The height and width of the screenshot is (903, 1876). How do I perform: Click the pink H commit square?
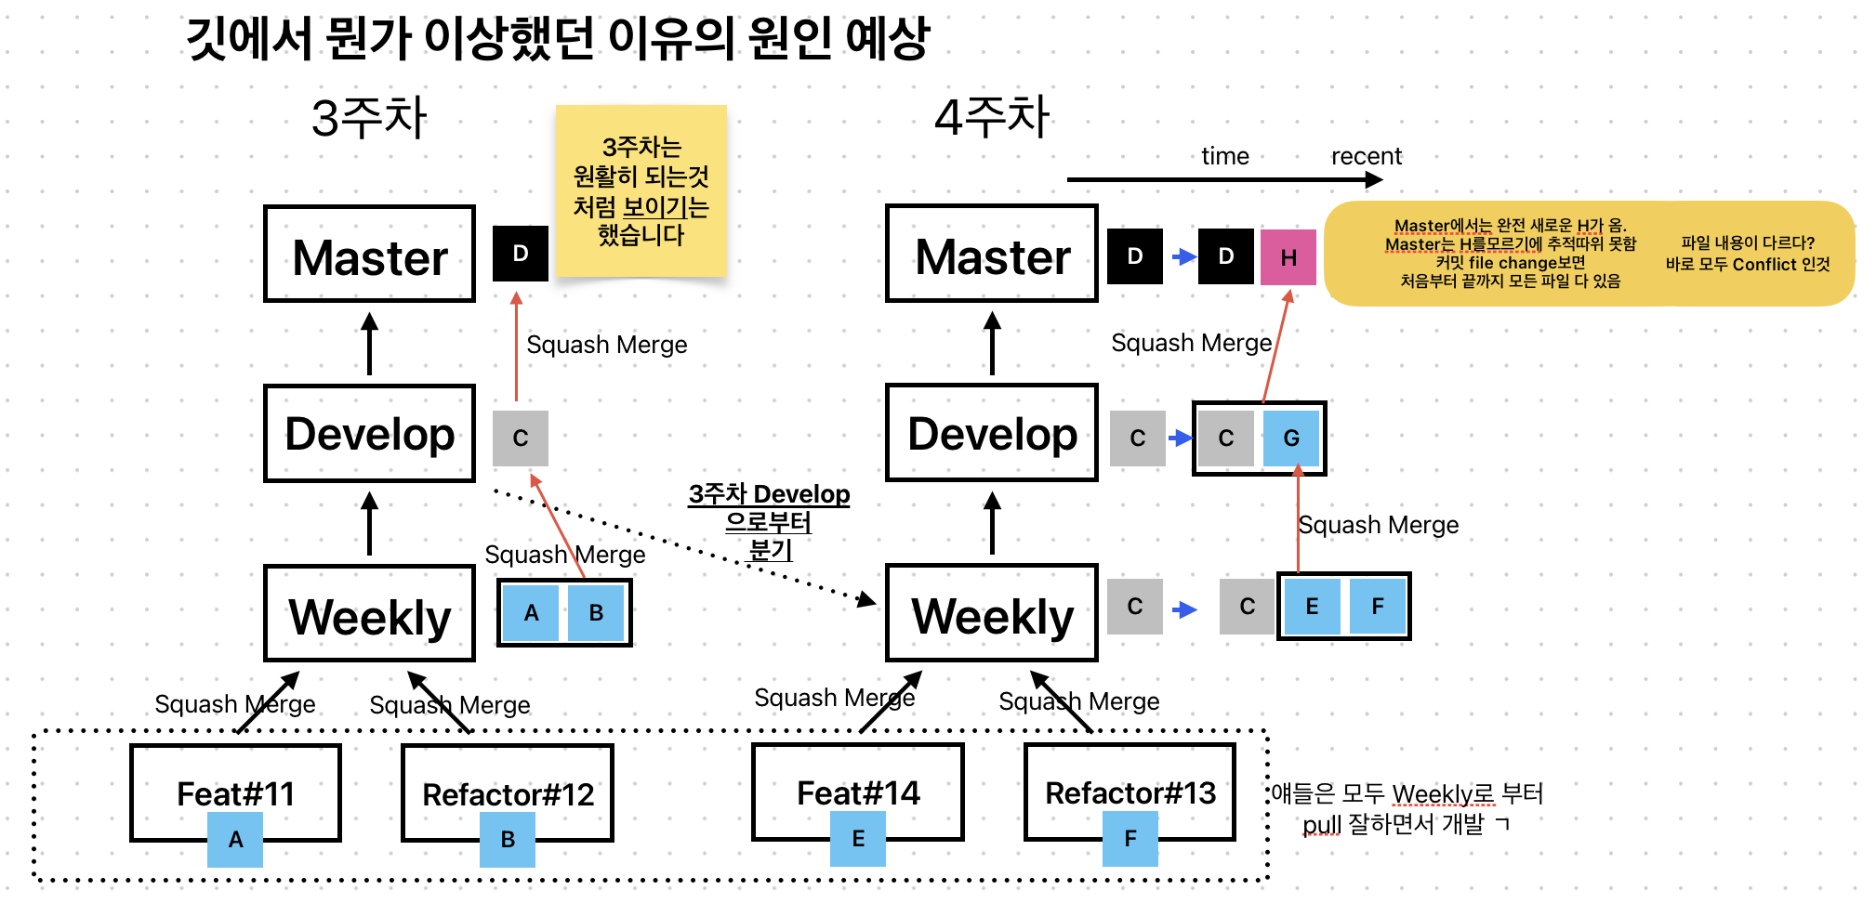(1288, 257)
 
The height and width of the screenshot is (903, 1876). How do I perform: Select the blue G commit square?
(1291, 438)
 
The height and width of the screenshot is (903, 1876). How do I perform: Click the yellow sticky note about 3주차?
(641, 190)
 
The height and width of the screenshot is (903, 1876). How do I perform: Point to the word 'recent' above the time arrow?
(1366, 156)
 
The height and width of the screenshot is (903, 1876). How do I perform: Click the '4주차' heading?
(992, 118)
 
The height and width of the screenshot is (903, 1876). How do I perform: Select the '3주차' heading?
(369, 119)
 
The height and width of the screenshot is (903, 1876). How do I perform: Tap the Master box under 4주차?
(992, 255)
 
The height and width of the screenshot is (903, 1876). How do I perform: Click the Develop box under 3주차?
(369, 434)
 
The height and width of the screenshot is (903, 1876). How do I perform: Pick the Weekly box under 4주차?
(992, 614)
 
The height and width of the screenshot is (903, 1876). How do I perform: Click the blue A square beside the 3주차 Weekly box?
(531, 613)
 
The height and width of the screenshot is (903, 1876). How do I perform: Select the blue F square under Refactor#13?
(1130, 839)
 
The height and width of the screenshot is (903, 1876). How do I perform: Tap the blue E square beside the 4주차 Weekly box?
(1312, 607)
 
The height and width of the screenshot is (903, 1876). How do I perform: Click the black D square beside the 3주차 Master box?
(521, 254)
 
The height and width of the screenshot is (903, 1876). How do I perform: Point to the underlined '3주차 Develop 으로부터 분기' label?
(769, 521)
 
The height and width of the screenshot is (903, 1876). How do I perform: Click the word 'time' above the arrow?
(1224, 156)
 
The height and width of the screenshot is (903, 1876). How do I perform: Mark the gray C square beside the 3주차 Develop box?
(521, 438)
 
